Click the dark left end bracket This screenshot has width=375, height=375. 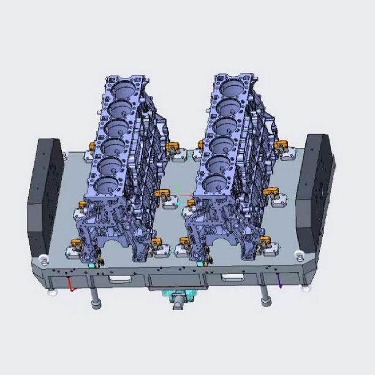(45, 196)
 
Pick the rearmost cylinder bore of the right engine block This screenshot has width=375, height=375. (233, 86)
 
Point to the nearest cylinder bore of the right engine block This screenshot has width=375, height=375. (212, 183)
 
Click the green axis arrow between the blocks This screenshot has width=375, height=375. (178, 189)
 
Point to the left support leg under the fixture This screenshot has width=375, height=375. (96, 299)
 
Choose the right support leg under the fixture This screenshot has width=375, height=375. (265, 296)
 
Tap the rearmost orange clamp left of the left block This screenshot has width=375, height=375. (93, 146)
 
